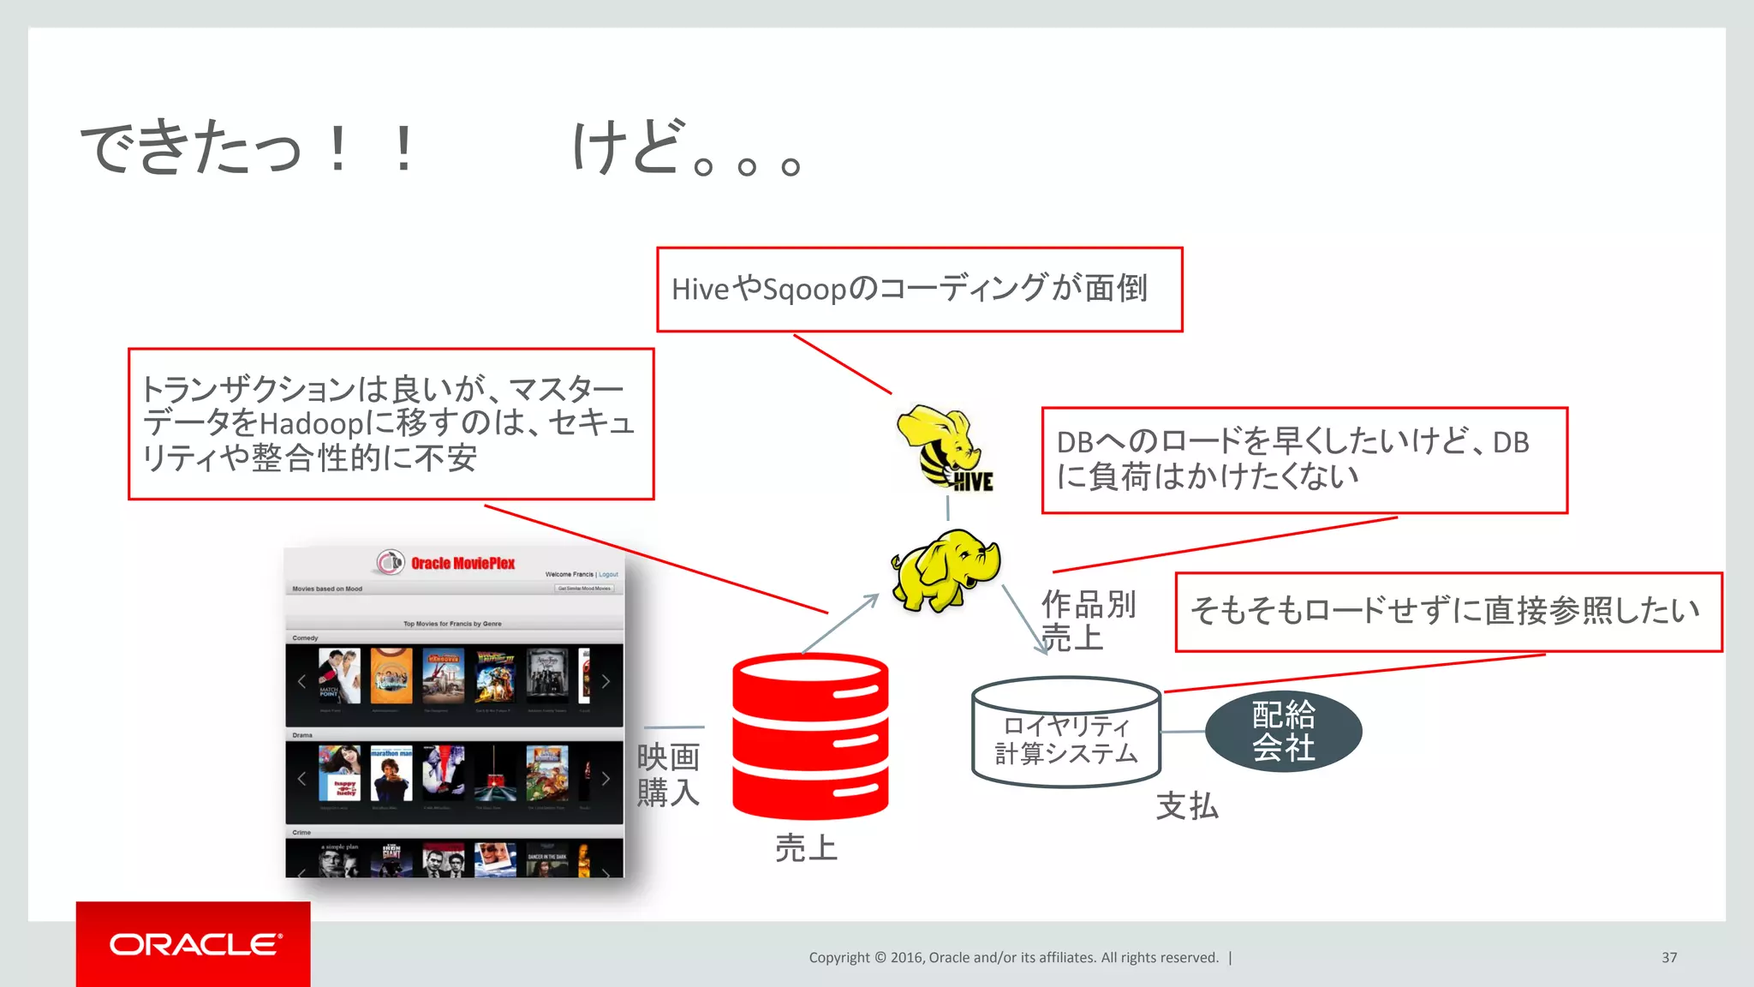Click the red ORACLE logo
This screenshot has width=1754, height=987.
click(x=194, y=944)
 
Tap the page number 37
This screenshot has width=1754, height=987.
click(x=1668, y=957)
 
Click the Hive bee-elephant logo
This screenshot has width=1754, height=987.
click(x=944, y=448)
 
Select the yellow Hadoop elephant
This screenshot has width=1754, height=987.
click(x=945, y=570)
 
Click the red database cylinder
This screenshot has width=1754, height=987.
click(x=810, y=736)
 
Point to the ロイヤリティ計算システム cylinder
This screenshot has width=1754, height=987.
click(x=1066, y=733)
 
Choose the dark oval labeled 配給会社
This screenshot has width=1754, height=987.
click(x=1283, y=731)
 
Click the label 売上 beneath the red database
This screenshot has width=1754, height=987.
click(x=806, y=848)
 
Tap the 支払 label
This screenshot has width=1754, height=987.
click(x=1187, y=806)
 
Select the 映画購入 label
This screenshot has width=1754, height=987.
click(x=668, y=775)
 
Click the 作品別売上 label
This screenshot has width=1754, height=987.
click(x=1088, y=620)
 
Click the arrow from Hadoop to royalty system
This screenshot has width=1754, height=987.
click(x=1024, y=619)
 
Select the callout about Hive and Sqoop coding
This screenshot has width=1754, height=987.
click(x=919, y=290)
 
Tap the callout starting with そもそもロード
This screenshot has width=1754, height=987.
click(x=1447, y=612)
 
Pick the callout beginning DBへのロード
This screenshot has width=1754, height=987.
click(x=1304, y=460)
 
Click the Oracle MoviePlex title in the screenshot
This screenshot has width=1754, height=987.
click(x=462, y=563)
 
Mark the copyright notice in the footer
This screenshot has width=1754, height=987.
click(x=1013, y=957)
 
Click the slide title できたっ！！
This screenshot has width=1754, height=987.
click(x=248, y=147)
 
